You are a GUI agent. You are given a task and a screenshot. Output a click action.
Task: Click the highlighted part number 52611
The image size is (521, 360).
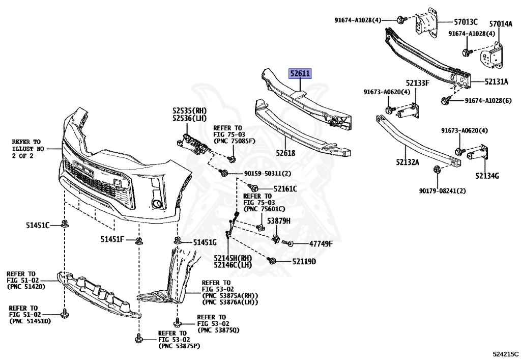300,74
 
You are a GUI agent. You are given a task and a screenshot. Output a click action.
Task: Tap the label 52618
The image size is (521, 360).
286,152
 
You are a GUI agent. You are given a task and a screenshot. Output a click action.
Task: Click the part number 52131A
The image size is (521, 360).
496,81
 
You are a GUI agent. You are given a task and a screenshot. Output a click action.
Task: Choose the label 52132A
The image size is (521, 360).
405,162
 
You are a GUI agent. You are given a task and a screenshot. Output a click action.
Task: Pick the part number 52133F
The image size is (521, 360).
417,82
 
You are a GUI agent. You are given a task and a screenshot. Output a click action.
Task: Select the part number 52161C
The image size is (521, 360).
285,189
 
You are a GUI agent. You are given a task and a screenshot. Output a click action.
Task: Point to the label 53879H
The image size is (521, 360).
280,220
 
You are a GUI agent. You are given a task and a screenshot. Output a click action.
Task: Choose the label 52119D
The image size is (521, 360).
304,262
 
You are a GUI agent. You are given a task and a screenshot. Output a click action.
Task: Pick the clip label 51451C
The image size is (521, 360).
38,225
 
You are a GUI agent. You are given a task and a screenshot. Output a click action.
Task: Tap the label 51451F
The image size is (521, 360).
112,239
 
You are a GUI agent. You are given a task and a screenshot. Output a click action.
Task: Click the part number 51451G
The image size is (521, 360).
205,242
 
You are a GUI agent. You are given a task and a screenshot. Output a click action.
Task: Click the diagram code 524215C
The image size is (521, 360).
506,353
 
